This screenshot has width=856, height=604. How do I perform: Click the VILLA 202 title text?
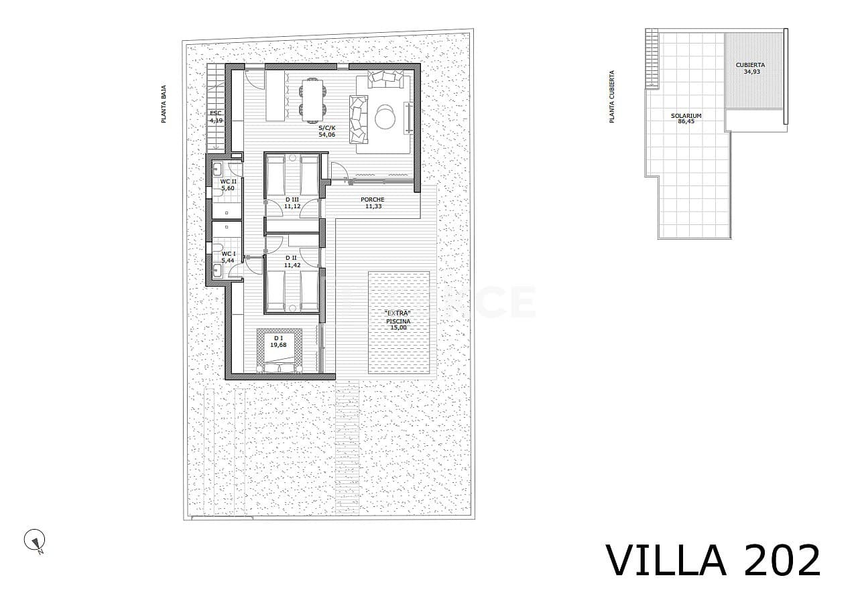pyautogui.click(x=713, y=561)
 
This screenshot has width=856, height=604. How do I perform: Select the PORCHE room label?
pyautogui.click(x=373, y=203)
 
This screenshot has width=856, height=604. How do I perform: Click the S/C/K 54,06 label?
pyautogui.click(x=326, y=131)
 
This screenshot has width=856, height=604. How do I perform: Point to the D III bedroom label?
pyautogui.click(x=292, y=203)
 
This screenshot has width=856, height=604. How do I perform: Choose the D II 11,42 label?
pyautogui.click(x=292, y=261)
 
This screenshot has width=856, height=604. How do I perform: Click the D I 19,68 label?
pyautogui.click(x=278, y=342)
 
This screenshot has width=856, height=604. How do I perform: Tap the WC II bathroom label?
pyautogui.click(x=229, y=185)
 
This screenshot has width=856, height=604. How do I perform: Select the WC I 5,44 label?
pyautogui.click(x=229, y=257)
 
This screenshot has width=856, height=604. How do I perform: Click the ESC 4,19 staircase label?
pyautogui.click(x=215, y=117)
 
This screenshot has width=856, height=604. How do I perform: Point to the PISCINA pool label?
pyautogui.click(x=398, y=321)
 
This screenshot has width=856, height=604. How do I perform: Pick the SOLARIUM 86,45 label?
pyautogui.click(x=686, y=119)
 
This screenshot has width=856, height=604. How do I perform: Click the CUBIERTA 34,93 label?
pyautogui.click(x=751, y=68)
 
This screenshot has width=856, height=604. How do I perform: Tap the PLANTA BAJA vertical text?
pyautogui.click(x=164, y=107)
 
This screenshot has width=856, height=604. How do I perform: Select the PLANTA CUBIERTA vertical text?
pyautogui.click(x=611, y=97)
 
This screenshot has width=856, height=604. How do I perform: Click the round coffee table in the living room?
pyautogui.click(x=385, y=117)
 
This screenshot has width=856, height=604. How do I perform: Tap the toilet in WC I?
pyautogui.click(x=217, y=249)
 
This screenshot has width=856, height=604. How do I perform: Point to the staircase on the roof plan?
pyautogui.click(x=650, y=59)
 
